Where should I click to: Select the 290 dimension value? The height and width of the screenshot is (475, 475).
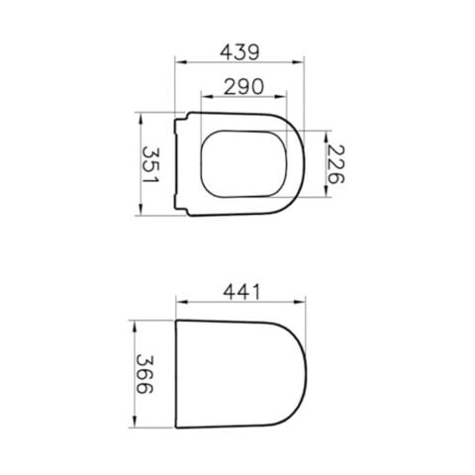click(x=237, y=86)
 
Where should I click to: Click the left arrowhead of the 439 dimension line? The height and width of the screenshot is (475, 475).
click(x=179, y=60)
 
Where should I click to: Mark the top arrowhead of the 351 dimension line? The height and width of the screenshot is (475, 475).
click(x=142, y=117)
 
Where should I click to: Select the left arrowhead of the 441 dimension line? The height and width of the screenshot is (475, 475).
click(x=179, y=305)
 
